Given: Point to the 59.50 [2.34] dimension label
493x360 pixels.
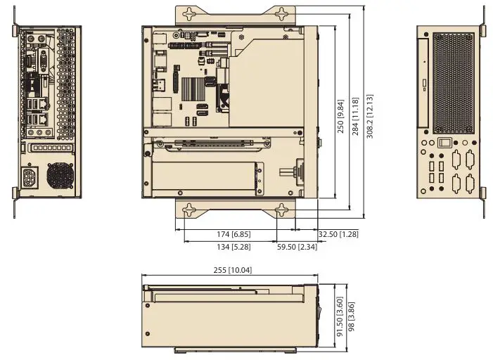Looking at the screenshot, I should pos(296,246).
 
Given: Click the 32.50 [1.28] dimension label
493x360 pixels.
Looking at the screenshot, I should pos(338,234).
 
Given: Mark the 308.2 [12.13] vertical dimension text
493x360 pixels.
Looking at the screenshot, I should pos(371,117).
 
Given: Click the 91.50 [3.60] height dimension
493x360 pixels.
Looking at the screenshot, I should pos(340,317).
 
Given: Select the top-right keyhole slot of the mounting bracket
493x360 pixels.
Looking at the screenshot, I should pos(281,13).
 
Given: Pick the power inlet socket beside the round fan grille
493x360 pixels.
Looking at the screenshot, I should pos(31,177).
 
